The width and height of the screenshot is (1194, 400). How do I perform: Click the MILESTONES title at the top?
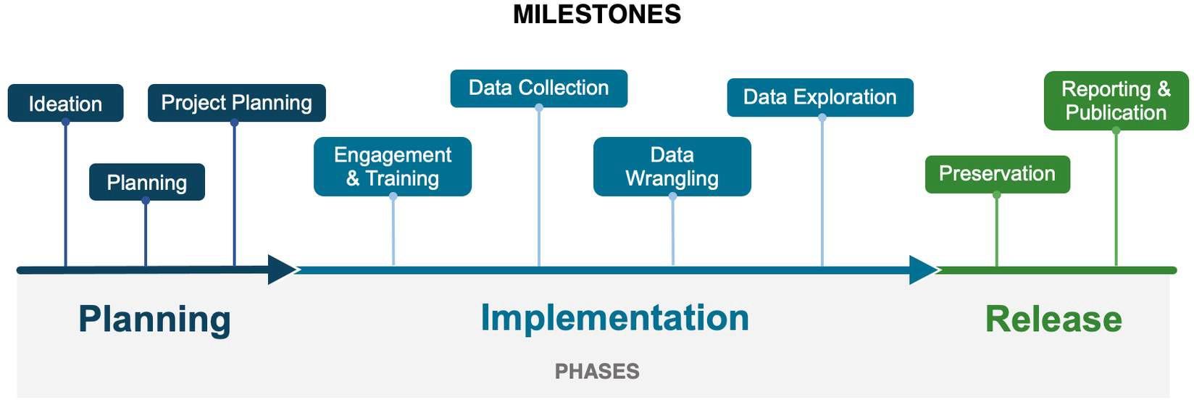(596, 14)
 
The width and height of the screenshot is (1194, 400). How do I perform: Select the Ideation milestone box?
(65, 103)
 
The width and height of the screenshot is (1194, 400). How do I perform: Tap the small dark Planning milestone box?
(147, 182)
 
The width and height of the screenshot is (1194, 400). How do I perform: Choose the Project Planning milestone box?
(237, 102)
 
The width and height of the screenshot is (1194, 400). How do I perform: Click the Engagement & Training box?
(393, 167)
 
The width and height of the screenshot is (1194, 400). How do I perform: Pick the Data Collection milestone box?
(539, 88)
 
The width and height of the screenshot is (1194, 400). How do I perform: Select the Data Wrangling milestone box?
(672, 167)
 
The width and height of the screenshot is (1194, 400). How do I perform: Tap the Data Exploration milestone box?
(820, 97)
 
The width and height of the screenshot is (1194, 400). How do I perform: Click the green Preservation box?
(998, 174)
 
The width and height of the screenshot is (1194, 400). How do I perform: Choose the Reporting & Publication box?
(1116, 101)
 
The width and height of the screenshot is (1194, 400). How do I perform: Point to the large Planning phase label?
(154, 320)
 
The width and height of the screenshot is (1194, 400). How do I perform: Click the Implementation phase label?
(615, 318)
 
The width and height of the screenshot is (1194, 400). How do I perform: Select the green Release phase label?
(1054, 319)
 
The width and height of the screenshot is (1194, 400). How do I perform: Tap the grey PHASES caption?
(597, 371)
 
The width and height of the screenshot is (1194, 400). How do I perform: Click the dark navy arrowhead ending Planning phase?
(281, 270)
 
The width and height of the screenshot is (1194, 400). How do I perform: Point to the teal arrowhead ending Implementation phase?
(923, 270)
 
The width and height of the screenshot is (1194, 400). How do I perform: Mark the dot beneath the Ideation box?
(65, 122)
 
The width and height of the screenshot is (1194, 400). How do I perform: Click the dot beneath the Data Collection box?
(539, 108)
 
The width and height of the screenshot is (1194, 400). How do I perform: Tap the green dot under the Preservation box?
(997, 195)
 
